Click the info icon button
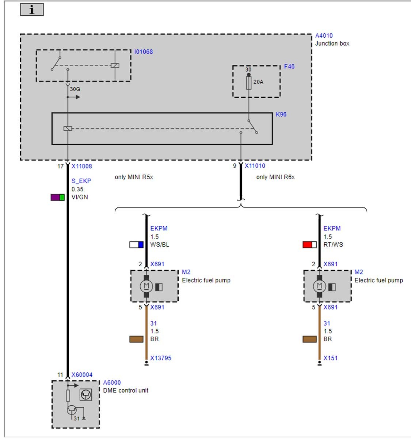pos(32,10)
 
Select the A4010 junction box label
pos(324,36)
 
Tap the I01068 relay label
pos(143,52)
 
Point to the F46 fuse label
pos(289,67)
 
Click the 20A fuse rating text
pos(258,82)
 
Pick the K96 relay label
pos(281,115)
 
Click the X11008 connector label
pos(81,166)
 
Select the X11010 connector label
pos(255,166)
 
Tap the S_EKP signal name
pos(81,181)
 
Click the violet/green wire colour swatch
pos(57,198)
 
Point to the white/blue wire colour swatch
pos(136,245)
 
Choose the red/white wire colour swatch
pos(309,245)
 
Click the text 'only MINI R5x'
pos(134,177)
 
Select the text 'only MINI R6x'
pos(275,177)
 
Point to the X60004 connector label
pos(82,375)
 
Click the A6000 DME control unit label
pos(112,383)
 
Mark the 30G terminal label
pos(75,89)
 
